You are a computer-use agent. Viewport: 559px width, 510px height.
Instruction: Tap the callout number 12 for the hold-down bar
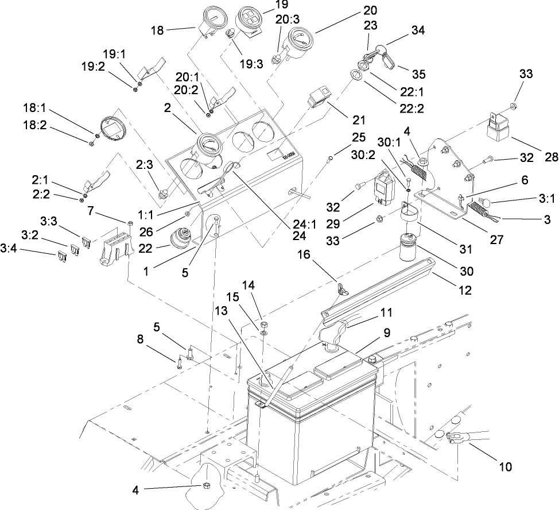(x=465, y=291)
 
